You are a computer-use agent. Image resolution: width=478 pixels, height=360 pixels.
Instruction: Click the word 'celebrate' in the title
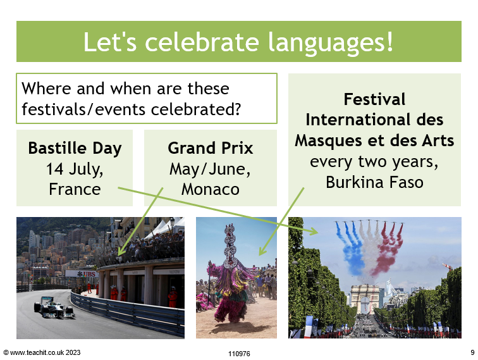click(x=202, y=42)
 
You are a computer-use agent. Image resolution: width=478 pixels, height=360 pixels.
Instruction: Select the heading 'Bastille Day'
click(x=75, y=149)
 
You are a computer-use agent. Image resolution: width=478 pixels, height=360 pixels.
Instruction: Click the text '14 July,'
click(x=75, y=170)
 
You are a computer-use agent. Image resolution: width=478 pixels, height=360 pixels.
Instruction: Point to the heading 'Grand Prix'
click(x=211, y=148)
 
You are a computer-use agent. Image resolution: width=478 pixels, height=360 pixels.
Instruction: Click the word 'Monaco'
click(x=211, y=189)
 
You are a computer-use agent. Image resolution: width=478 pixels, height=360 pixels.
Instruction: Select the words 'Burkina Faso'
click(x=375, y=182)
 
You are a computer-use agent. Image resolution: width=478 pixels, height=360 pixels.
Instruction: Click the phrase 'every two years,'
click(x=374, y=162)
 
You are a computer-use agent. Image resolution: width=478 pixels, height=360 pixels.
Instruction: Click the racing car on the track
click(x=54, y=307)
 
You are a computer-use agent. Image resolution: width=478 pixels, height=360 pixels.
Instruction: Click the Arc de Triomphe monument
click(x=365, y=300)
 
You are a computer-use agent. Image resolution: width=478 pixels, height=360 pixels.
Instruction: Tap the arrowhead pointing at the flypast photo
click(x=314, y=232)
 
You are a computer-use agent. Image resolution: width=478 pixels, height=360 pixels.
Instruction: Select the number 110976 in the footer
click(x=239, y=354)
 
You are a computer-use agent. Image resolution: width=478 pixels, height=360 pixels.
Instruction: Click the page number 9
click(x=472, y=352)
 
